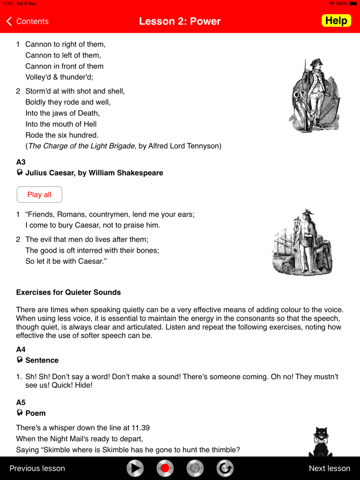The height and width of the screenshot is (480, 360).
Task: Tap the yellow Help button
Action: pyautogui.click(x=336, y=21)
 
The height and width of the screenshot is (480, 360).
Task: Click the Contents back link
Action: pyautogui.click(x=28, y=21)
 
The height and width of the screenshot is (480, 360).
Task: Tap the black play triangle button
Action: pyautogui.click(x=135, y=468)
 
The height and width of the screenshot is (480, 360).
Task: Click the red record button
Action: pyautogui.click(x=165, y=468)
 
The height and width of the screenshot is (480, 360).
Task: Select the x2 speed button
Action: pyautogui.click(x=195, y=468)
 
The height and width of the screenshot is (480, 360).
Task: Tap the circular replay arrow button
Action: pyautogui.click(x=225, y=468)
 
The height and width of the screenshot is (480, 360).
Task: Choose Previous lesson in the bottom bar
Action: pyautogui.click(x=37, y=468)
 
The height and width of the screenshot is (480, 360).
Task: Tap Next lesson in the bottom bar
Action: pyautogui.click(x=329, y=468)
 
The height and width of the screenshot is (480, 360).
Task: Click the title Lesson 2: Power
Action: pyautogui.click(x=180, y=21)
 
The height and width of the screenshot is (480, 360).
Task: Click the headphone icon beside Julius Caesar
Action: pyautogui.click(x=20, y=172)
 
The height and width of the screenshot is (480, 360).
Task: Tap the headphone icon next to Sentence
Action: pyautogui.click(x=20, y=360)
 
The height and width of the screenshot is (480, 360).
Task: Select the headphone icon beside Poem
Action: pyautogui.click(x=20, y=413)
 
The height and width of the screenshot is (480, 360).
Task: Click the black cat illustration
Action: pyautogui.click(x=320, y=442)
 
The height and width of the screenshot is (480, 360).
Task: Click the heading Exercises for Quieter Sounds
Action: pyautogui.click(x=68, y=292)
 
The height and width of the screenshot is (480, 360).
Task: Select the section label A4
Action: pyautogui.click(x=21, y=349)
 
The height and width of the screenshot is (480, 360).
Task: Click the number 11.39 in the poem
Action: pyautogui.click(x=140, y=428)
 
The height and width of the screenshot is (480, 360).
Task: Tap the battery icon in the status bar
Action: pyautogui.click(x=353, y=4)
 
